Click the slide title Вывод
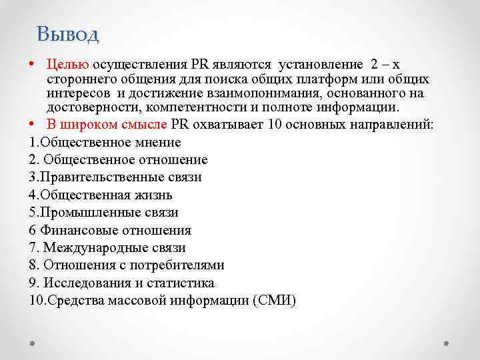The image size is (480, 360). pos(68,33)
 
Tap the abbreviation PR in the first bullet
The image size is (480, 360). pos(199,64)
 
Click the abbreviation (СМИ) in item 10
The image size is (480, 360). pos(275,301)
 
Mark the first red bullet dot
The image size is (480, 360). pos(33,65)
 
